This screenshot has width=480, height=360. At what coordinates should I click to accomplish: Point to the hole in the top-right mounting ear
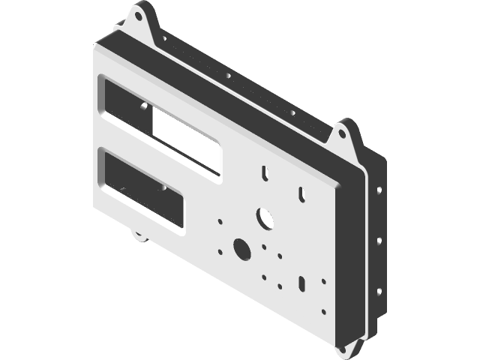(x=341, y=136)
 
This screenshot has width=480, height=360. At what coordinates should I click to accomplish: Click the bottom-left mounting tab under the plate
(x=139, y=235)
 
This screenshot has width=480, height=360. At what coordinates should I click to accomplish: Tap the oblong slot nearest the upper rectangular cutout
(x=265, y=172)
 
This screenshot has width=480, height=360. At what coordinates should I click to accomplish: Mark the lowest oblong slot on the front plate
(x=301, y=283)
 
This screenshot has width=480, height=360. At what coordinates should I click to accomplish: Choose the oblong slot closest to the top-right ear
(x=301, y=193)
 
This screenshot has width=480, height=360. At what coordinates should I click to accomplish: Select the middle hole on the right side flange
(x=379, y=241)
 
